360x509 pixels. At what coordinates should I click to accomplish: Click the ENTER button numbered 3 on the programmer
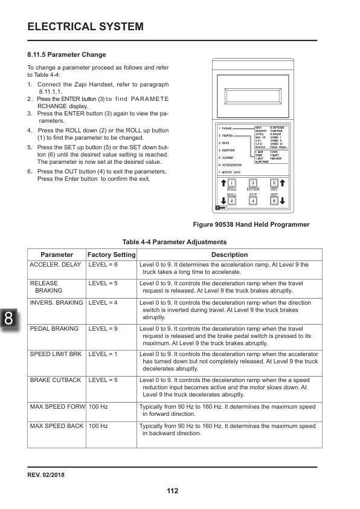pyautogui.click(x=253, y=183)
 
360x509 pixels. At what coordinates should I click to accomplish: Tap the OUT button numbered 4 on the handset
pyautogui.click(x=253, y=201)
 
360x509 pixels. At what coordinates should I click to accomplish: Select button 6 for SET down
pyautogui.click(x=274, y=201)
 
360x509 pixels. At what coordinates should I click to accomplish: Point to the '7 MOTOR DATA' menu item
pyautogui.click(x=230, y=173)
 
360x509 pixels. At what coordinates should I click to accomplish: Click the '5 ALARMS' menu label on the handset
pyautogui.click(x=227, y=157)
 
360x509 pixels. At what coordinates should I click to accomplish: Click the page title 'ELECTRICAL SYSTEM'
pyautogui.click(x=86, y=27)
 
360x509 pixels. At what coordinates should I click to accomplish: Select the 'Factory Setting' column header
pyautogui.click(x=112, y=254)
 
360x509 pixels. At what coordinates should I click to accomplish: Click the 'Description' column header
pyautogui.click(x=230, y=254)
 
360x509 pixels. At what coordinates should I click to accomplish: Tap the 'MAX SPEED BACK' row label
pyautogui.click(x=57, y=426)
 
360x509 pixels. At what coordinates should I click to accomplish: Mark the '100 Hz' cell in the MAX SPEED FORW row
pyautogui.click(x=98, y=407)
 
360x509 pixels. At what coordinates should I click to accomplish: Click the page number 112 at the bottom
pyautogui.click(x=173, y=490)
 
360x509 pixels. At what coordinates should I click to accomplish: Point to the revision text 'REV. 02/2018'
pyautogui.click(x=46, y=475)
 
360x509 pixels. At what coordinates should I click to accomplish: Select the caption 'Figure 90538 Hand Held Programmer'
pyautogui.click(x=251, y=224)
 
